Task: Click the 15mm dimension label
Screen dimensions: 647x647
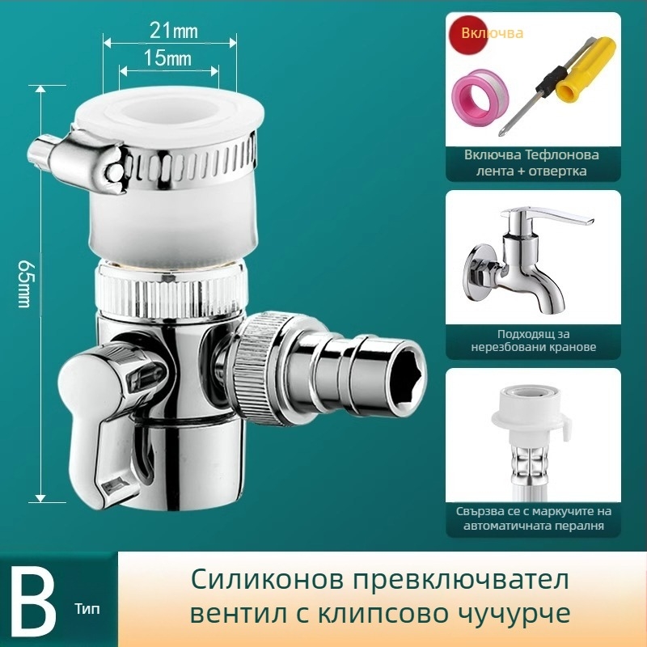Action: (x=169, y=58)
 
